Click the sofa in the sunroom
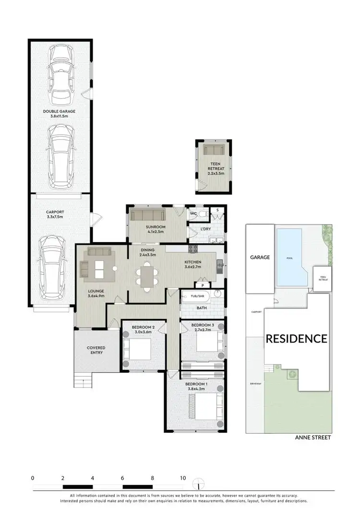point(146,215)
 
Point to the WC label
point(194,213)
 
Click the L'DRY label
point(205,229)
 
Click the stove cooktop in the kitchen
point(193,248)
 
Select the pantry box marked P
point(203,285)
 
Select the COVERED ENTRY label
point(96,351)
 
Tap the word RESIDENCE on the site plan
point(297,339)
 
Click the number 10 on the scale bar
point(183,478)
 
